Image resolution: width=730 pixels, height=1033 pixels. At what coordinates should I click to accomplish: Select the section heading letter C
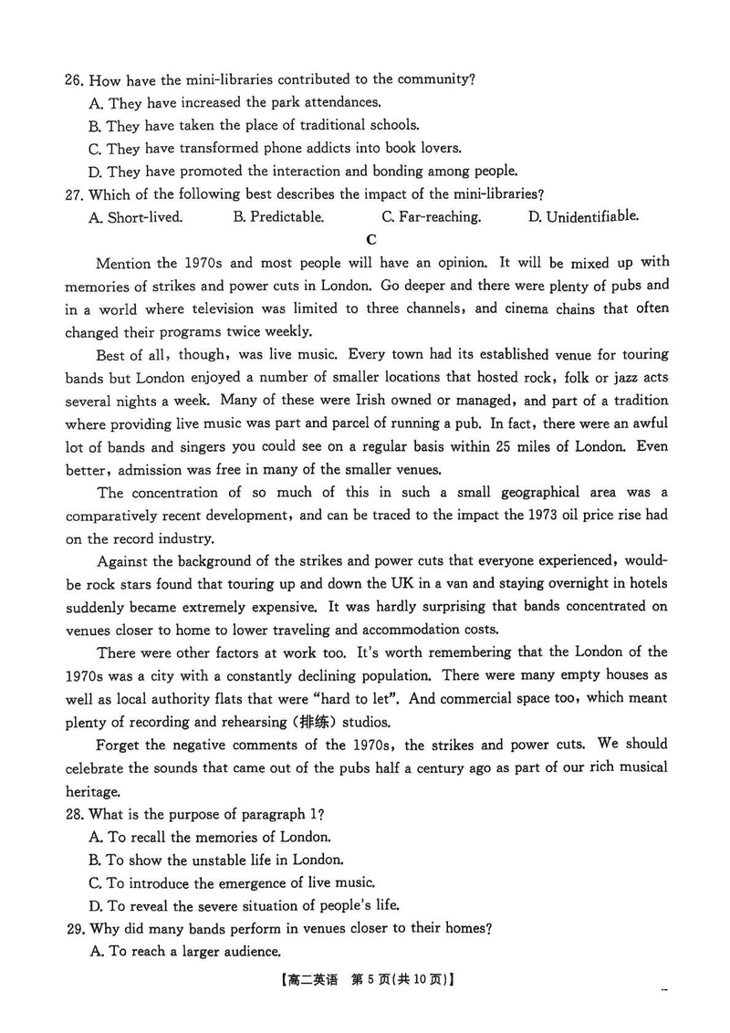pyautogui.click(x=370, y=240)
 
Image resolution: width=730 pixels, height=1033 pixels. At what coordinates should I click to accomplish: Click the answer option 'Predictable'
pyautogui.click(x=278, y=217)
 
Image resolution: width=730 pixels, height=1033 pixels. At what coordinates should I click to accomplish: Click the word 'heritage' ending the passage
pyautogui.click(x=92, y=790)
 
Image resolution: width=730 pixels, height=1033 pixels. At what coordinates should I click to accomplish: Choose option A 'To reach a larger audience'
pyautogui.click(x=183, y=952)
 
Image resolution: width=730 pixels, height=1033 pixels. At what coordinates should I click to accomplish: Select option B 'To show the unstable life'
pyautogui.click(x=216, y=860)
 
